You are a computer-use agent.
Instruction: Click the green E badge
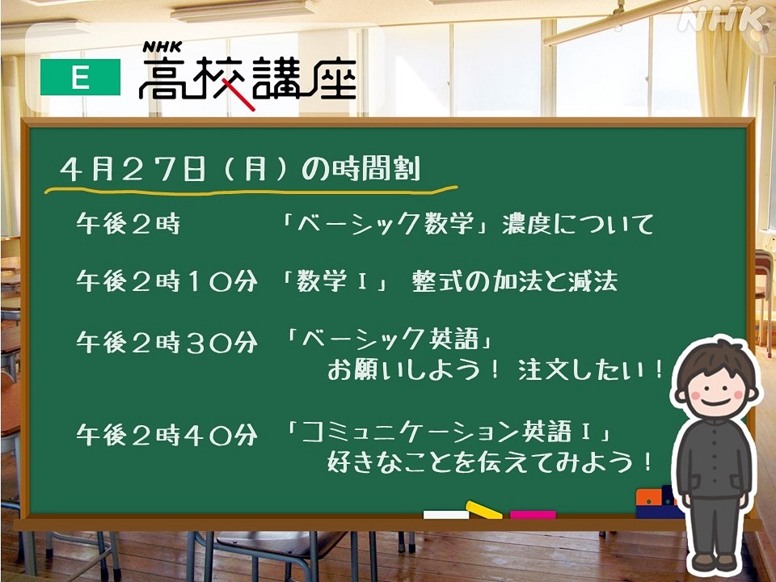pyautogui.click(x=80, y=78)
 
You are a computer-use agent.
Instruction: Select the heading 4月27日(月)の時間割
pyautogui.click(x=240, y=170)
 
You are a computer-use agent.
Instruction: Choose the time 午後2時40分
pyautogui.click(x=167, y=436)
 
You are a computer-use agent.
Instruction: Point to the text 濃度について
pyautogui.click(x=578, y=223)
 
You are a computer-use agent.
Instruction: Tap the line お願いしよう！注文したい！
pyautogui.click(x=496, y=371)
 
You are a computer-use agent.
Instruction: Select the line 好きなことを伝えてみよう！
pyautogui.click(x=489, y=464)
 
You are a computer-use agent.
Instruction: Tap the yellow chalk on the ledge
pyautogui.click(x=483, y=509)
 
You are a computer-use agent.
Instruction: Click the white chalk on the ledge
pyautogui.click(x=445, y=514)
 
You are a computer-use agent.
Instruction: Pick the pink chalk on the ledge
pyautogui.click(x=533, y=514)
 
